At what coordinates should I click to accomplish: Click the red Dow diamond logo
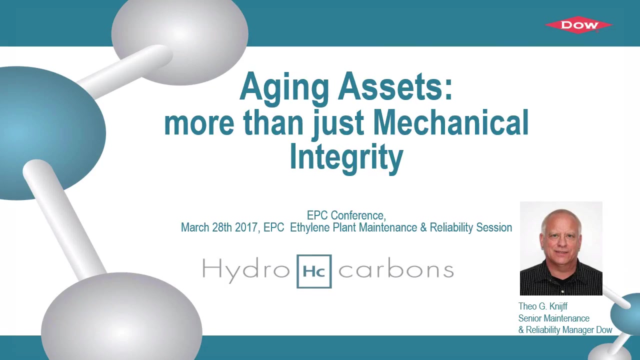click(x=579, y=25)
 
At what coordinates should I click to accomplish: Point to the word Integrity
click(x=346, y=159)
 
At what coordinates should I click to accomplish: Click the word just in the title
click(x=338, y=124)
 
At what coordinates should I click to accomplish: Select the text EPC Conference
click(x=346, y=215)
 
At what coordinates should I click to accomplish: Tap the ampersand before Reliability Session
click(x=423, y=227)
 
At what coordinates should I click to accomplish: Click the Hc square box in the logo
click(x=314, y=271)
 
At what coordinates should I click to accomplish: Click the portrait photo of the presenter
click(x=561, y=248)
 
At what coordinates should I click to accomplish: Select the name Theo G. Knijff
click(x=543, y=306)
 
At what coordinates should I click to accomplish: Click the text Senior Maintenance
click(x=553, y=318)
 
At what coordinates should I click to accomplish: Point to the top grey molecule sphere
click(x=179, y=38)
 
